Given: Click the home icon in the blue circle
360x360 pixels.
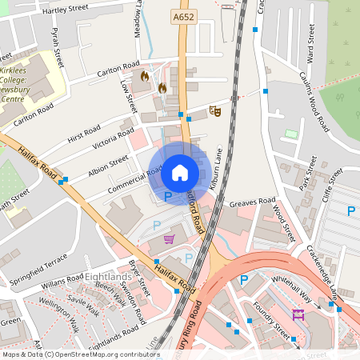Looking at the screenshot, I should [180, 172].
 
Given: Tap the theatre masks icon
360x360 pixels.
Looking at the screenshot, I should [214, 110].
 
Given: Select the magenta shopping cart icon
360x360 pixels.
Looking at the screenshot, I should [169, 238].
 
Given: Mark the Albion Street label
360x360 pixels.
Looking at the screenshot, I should [108, 166].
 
